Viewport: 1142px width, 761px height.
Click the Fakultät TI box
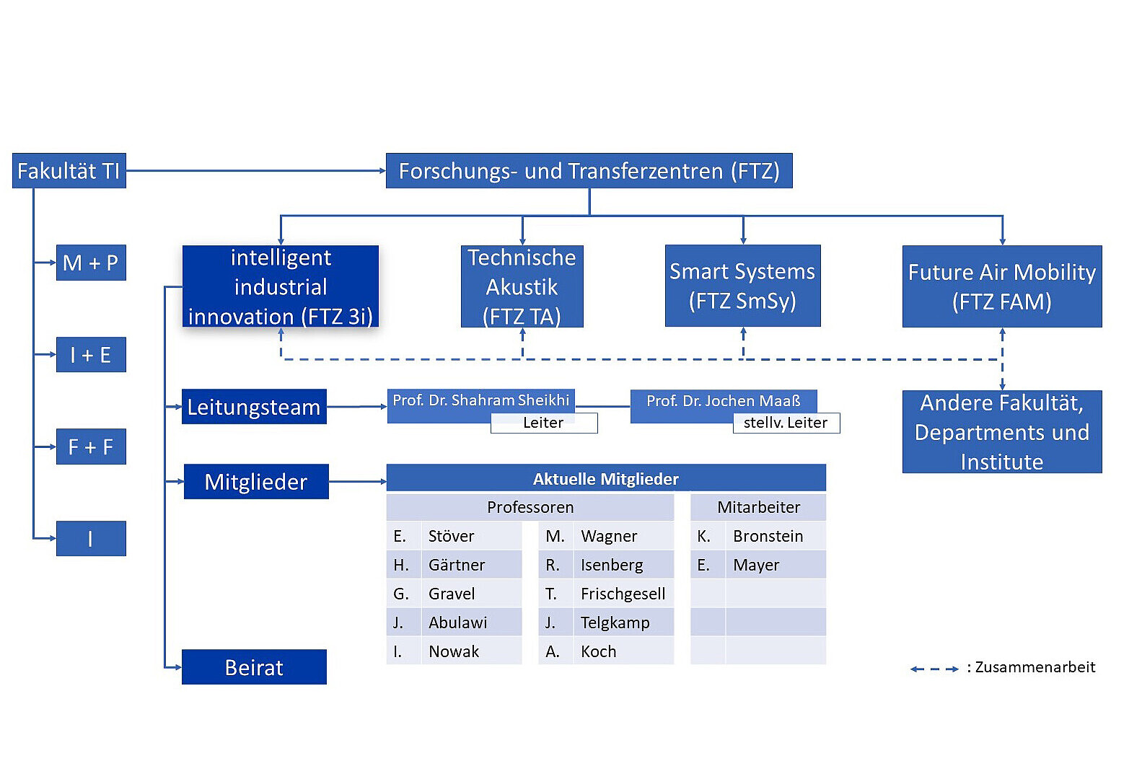[69, 171]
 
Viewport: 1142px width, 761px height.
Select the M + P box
[91, 263]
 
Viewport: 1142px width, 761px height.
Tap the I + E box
[91, 355]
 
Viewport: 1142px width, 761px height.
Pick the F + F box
[91, 447]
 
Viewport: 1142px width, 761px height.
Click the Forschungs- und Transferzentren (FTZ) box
[589, 171]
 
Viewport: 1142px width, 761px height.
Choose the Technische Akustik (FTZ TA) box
[522, 286]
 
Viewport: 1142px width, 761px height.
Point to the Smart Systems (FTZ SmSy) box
[742, 286]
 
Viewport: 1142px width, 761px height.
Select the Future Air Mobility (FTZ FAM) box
[1001, 286]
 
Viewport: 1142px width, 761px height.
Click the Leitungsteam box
[254, 407]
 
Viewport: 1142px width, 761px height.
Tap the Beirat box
[254, 667]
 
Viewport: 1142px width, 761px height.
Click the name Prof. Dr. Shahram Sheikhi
[480, 400]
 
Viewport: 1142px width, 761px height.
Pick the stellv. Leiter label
[786, 423]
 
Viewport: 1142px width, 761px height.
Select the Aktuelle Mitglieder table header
[605, 479]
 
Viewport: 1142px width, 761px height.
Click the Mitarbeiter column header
[758, 507]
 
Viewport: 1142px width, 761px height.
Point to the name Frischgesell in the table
[623, 594]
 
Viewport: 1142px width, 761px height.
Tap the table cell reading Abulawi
[457, 623]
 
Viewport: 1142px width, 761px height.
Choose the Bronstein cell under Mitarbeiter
[768, 536]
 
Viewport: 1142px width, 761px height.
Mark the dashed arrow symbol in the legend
[934, 669]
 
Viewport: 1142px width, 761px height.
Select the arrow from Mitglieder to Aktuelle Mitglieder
[357, 481]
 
